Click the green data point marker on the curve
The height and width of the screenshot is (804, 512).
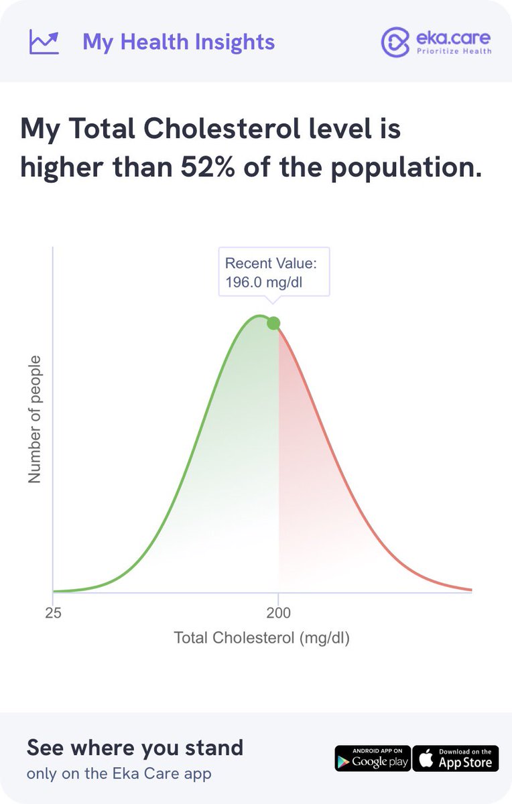point(273,323)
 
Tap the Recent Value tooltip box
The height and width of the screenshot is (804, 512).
point(274,272)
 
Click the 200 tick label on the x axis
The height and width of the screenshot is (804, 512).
point(277,611)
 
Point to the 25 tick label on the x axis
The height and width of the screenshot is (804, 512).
point(53,611)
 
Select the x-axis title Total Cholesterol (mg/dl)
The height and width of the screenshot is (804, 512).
point(262,637)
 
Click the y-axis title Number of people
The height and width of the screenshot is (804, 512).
point(35,419)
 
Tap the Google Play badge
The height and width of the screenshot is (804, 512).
point(372,758)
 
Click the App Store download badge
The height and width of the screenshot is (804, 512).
point(456,758)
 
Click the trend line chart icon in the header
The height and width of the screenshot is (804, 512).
point(44,42)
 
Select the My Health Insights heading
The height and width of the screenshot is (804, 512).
point(178,42)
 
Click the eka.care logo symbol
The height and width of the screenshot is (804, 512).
point(394,42)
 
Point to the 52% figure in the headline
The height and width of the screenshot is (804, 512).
point(206,167)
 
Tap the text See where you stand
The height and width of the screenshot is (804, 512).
point(135,747)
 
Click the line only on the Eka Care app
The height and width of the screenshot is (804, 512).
point(119,774)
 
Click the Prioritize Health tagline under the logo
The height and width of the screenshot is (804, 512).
point(454,51)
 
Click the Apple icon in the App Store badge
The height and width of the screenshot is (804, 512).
point(425,758)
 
